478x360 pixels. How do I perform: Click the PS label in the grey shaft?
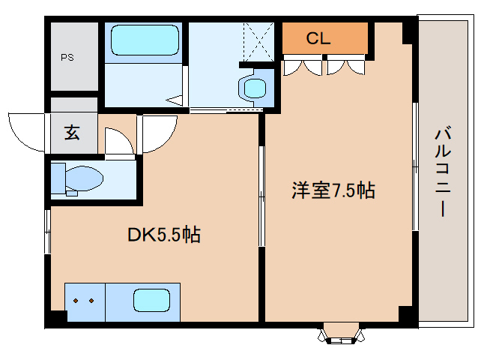click(x=67, y=56)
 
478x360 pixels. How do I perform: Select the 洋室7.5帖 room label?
click(x=333, y=190)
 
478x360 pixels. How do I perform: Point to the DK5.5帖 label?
click(x=163, y=235)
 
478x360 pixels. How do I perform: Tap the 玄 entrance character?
click(x=72, y=133)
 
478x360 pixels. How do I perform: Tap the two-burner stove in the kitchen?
click(x=84, y=301)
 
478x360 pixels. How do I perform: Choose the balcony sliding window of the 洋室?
click(x=414, y=165)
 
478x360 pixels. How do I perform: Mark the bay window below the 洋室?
click(x=340, y=334)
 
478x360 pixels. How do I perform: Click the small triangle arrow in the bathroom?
click(x=173, y=98)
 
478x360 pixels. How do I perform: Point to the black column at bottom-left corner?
click(x=55, y=318)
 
